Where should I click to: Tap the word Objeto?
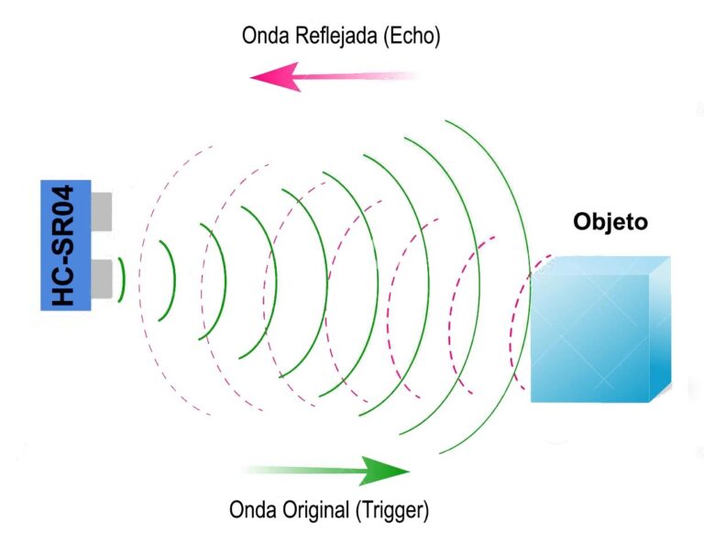coord(610,222)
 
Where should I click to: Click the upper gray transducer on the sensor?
coord(102,210)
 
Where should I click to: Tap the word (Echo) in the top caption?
coord(414,36)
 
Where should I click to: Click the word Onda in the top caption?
coord(264,36)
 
